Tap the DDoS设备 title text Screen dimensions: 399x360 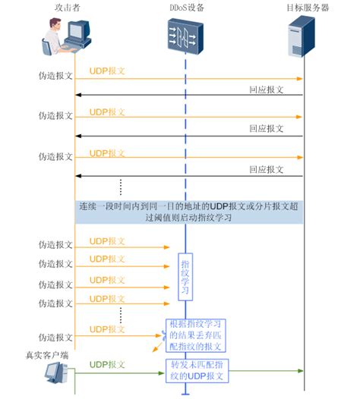tap(186, 8)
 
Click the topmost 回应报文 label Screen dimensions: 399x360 tap(266, 89)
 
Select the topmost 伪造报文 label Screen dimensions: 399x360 tap(55, 76)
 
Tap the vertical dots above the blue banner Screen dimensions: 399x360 tap(121, 187)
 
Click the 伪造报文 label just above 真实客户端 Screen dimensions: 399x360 tap(55, 336)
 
